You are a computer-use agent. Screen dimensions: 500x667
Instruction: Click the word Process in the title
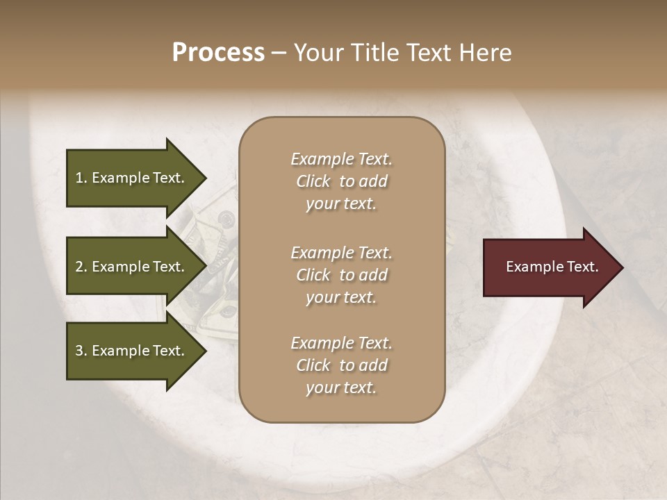click(218, 53)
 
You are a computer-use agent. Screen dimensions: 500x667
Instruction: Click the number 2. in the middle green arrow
click(81, 267)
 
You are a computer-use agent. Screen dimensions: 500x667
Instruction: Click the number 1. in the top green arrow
click(81, 178)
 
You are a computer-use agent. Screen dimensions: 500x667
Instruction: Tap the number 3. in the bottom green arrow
click(81, 351)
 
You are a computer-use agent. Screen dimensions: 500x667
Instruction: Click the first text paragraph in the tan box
click(341, 181)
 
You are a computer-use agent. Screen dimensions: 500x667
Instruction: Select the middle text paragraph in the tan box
click(341, 275)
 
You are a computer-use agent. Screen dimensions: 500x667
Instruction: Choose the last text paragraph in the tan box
click(341, 365)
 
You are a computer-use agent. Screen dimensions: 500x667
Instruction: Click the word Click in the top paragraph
click(313, 181)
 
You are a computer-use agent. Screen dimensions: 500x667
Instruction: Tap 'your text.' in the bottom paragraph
click(341, 387)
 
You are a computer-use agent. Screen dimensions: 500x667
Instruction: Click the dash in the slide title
click(279, 53)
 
